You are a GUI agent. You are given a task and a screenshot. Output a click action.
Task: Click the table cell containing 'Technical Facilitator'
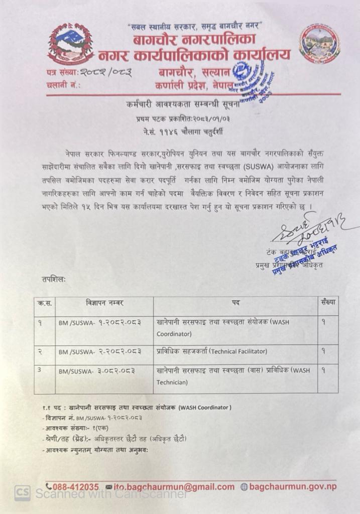tap(235, 351)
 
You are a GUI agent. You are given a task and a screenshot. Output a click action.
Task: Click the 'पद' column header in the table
tap(235, 304)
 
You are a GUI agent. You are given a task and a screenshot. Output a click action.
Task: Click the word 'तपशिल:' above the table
tap(54, 277)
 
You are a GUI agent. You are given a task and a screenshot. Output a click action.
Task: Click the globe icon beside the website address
tap(245, 486)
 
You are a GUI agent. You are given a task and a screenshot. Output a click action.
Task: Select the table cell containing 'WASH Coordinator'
tap(235, 327)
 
